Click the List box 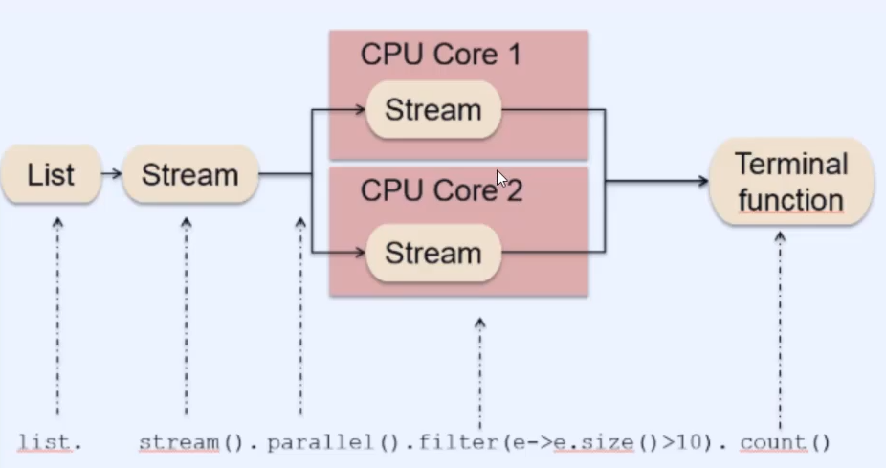pos(51,175)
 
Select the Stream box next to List pos(189,175)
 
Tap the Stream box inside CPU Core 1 pos(432,110)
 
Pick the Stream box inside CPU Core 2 pos(432,254)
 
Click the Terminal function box pos(790,182)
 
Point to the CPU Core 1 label pos(440,55)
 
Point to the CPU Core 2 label pos(440,190)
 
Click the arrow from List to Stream pos(111,174)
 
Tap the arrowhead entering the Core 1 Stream pos(360,110)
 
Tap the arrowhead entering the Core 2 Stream pos(360,254)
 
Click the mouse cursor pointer pos(502,179)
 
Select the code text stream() pos(192,442)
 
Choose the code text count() pos(785,442)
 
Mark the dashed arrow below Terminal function pos(780,325)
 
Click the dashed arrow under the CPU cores pos(479,373)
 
